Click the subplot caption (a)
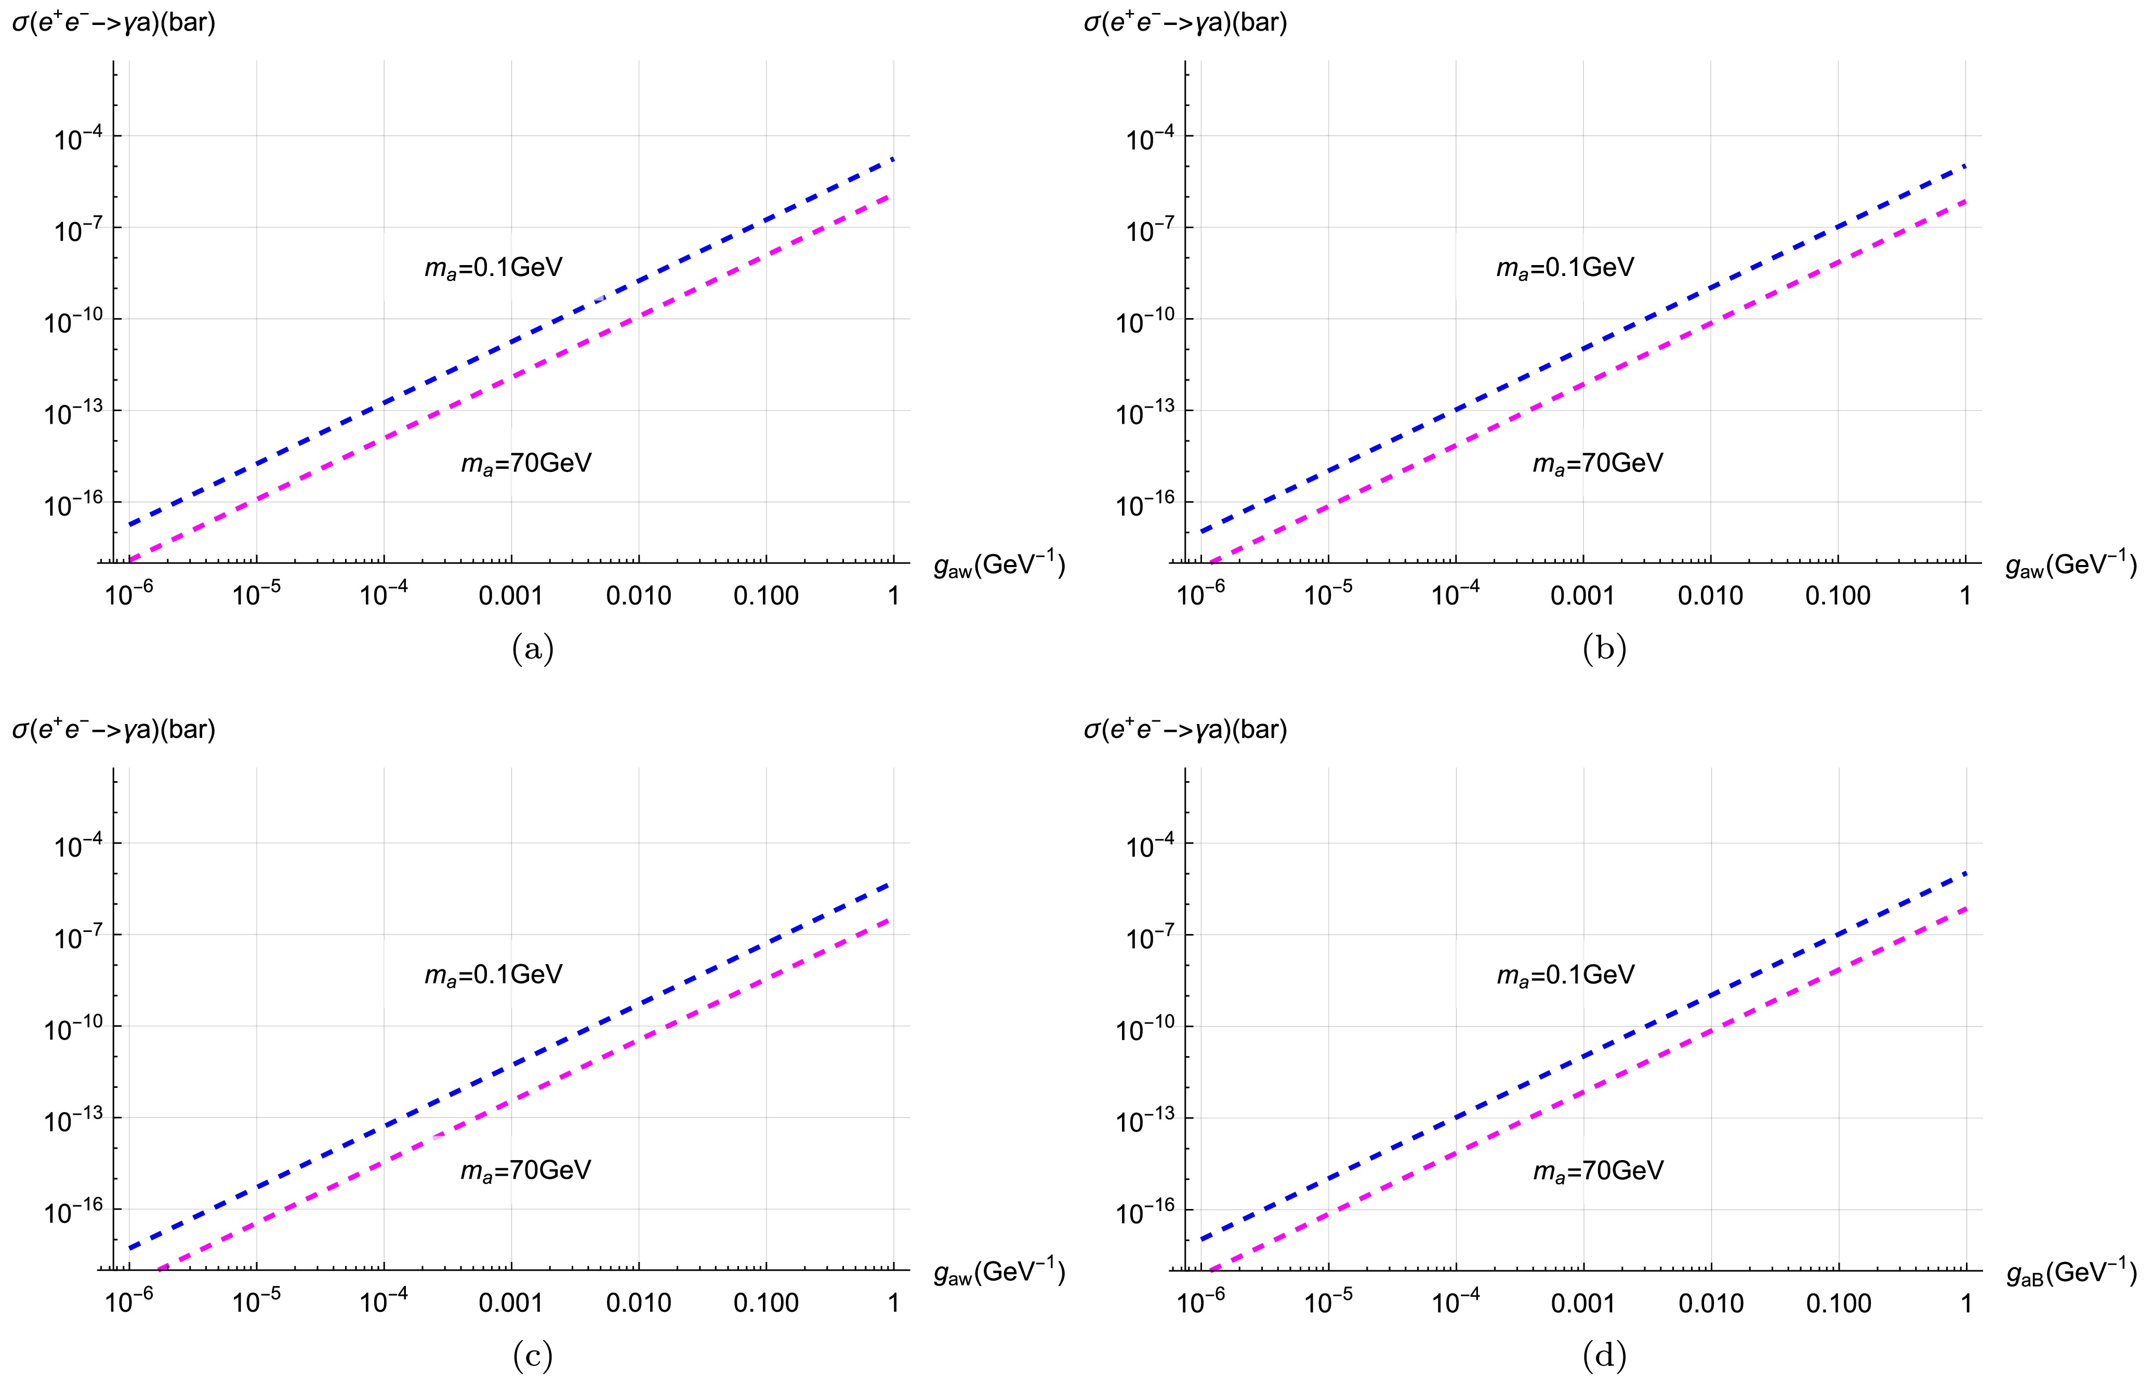(533, 648)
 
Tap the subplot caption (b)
(1604, 648)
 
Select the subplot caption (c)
(533, 1356)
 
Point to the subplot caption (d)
(1604, 1356)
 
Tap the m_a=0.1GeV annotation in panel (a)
(493, 267)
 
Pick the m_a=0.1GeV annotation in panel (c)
(493, 975)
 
